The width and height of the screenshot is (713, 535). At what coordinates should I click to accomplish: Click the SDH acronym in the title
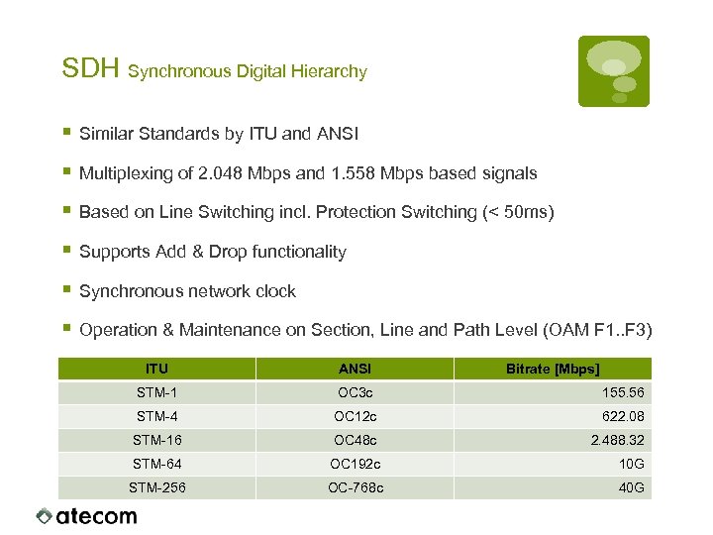click(90, 69)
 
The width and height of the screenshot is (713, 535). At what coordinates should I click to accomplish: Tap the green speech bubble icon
click(614, 70)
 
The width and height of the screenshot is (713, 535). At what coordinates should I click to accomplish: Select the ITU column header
click(156, 368)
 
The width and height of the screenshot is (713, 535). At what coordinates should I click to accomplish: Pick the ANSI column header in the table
click(356, 369)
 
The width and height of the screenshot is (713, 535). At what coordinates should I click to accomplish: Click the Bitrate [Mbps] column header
click(553, 369)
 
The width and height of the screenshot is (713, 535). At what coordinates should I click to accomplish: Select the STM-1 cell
click(157, 392)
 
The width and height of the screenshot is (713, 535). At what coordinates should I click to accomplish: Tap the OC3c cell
click(355, 392)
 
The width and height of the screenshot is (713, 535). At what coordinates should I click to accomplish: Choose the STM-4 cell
click(157, 416)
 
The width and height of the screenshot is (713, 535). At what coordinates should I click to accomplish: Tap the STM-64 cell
click(157, 464)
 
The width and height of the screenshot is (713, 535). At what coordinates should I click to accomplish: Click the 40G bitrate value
click(632, 487)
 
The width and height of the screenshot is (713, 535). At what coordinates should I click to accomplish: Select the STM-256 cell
click(157, 487)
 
